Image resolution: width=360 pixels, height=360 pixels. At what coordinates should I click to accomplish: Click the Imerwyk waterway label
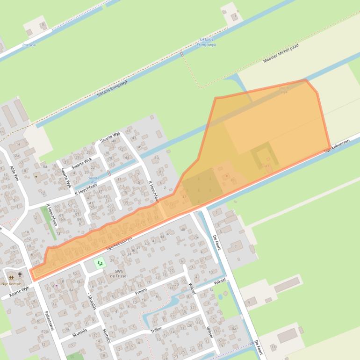pyautogui.click(x=29, y=45)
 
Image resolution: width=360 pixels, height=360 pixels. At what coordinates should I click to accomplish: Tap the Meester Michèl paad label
pyautogui.click(x=281, y=54)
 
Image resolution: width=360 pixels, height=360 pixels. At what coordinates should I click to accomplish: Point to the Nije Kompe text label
pyautogui.click(x=11, y=283)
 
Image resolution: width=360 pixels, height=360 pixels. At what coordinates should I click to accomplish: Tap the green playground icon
pyautogui.click(x=99, y=264)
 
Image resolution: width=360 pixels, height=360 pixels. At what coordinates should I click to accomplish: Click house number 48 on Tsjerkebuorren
pyautogui.click(x=182, y=230)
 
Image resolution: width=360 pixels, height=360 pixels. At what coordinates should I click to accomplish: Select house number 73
pyautogui.click(x=58, y=232)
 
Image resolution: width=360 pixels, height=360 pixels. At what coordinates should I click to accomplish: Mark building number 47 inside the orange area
pyautogui.click(x=267, y=166)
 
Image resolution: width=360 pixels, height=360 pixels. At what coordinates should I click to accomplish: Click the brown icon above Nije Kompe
pyautogui.click(x=11, y=277)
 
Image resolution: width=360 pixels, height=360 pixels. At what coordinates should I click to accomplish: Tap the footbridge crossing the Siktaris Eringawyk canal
pyautogui.click(x=182, y=54)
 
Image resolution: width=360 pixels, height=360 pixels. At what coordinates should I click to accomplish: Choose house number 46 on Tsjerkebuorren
pyautogui.click(x=168, y=234)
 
